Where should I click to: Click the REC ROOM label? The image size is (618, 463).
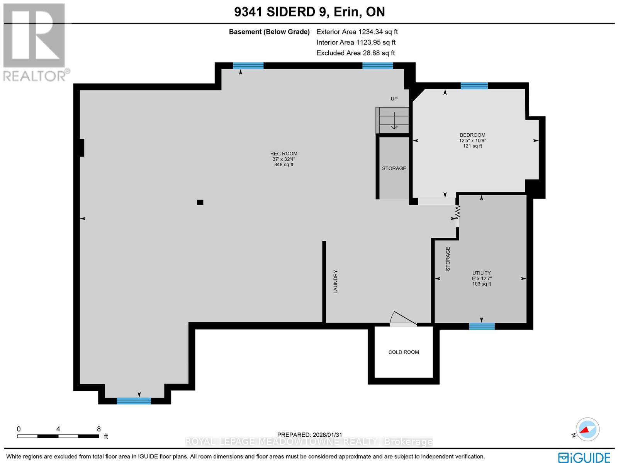click(x=284, y=153)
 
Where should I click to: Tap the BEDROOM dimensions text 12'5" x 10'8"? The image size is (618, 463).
click(x=472, y=141)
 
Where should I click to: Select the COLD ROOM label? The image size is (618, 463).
click(x=404, y=352)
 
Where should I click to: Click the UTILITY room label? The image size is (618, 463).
click(x=481, y=273)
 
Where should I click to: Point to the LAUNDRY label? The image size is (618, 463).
click(x=335, y=282)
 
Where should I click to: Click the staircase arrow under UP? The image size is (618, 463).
click(x=394, y=120)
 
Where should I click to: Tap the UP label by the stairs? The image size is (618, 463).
click(x=394, y=99)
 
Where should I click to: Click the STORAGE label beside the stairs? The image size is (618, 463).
click(x=394, y=168)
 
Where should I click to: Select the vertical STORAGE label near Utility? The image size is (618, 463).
click(x=448, y=259)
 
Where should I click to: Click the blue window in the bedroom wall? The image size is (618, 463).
click(x=474, y=86)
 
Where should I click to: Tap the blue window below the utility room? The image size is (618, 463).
click(x=482, y=326)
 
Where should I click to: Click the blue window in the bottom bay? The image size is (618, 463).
click(x=134, y=401)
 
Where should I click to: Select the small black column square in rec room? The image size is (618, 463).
click(x=200, y=202)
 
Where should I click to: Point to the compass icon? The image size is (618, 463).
click(x=587, y=429)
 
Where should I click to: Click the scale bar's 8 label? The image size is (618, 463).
click(x=99, y=429)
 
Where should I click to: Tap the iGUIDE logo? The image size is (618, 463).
click(x=584, y=458)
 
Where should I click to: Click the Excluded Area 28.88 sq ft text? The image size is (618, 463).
click(x=355, y=53)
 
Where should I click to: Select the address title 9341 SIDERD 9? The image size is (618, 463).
click(x=282, y=12)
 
